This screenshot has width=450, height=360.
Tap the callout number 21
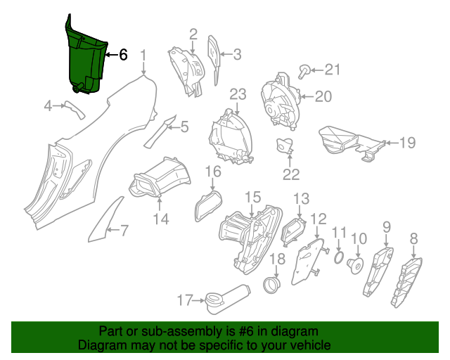[x=332, y=69]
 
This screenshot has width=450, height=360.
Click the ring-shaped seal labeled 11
[x=339, y=261]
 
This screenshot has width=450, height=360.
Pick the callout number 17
[x=184, y=300]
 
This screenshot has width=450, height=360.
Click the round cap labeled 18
[x=271, y=285]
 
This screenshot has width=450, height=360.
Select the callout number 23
[x=237, y=94]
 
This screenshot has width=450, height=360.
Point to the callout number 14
[x=161, y=220]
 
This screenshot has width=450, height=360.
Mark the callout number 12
[x=319, y=219]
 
